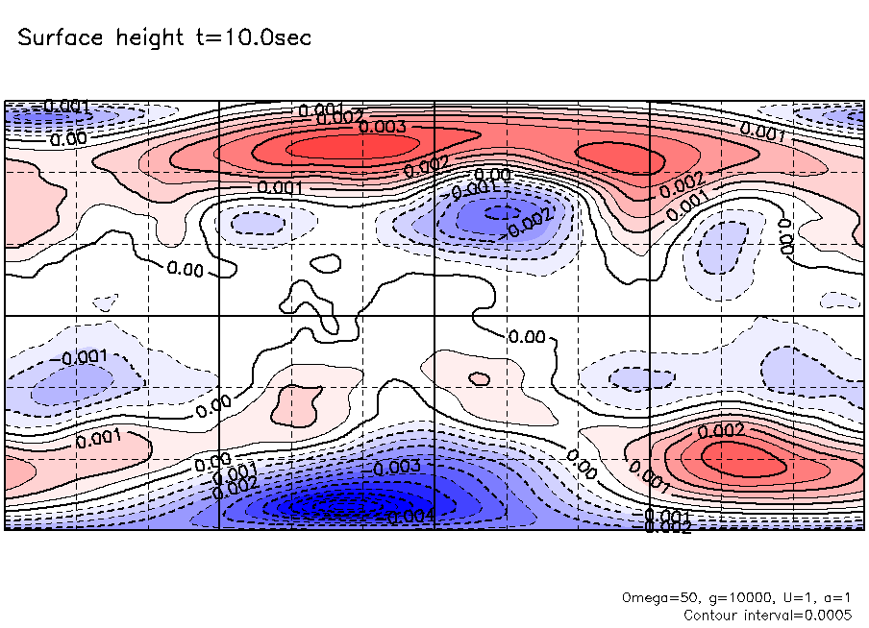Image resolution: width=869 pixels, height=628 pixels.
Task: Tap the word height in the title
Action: [149, 38]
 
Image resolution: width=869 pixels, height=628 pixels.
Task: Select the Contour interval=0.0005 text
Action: [766, 614]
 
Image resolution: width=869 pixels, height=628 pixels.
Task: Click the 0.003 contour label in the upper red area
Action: [383, 127]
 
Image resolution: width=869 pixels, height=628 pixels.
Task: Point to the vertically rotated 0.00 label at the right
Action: [785, 236]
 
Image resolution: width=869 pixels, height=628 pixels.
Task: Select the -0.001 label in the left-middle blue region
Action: [86, 358]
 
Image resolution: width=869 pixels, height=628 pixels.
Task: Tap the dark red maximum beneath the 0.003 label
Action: [351, 147]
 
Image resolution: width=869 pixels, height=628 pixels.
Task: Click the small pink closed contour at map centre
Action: [478, 378]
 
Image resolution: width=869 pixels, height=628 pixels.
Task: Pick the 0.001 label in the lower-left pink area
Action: [97, 440]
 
